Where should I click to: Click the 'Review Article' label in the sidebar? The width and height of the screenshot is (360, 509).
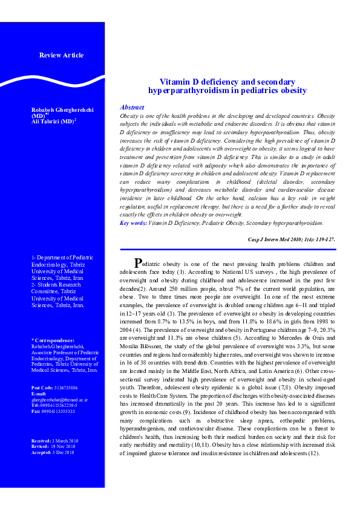[61, 56]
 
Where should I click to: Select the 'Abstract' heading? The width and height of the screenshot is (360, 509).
[132, 106]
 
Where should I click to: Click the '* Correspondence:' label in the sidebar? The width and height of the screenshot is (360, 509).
[53, 341]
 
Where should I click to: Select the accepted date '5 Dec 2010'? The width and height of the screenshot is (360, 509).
[62, 452]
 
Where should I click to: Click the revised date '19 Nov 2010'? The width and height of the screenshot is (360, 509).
[62, 447]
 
